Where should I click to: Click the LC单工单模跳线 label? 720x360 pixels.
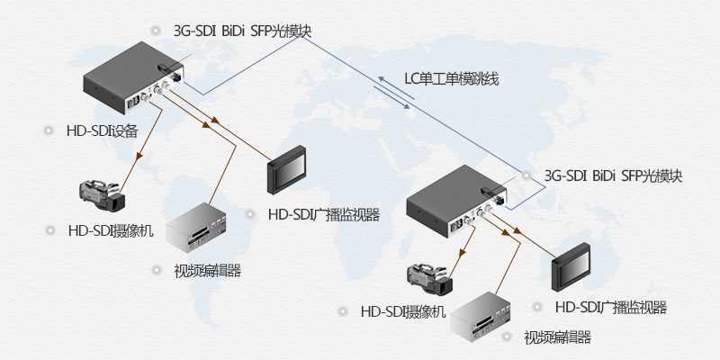(451, 78)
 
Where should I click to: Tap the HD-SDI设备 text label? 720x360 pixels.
(102, 130)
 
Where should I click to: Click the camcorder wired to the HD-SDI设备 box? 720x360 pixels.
(102, 193)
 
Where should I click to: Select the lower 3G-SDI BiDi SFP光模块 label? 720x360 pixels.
(613, 176)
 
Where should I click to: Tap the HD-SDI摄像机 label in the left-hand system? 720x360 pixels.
(111, 229)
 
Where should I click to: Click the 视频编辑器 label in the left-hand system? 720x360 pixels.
(207, 270)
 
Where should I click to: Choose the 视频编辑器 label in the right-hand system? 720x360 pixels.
(558, 338)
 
